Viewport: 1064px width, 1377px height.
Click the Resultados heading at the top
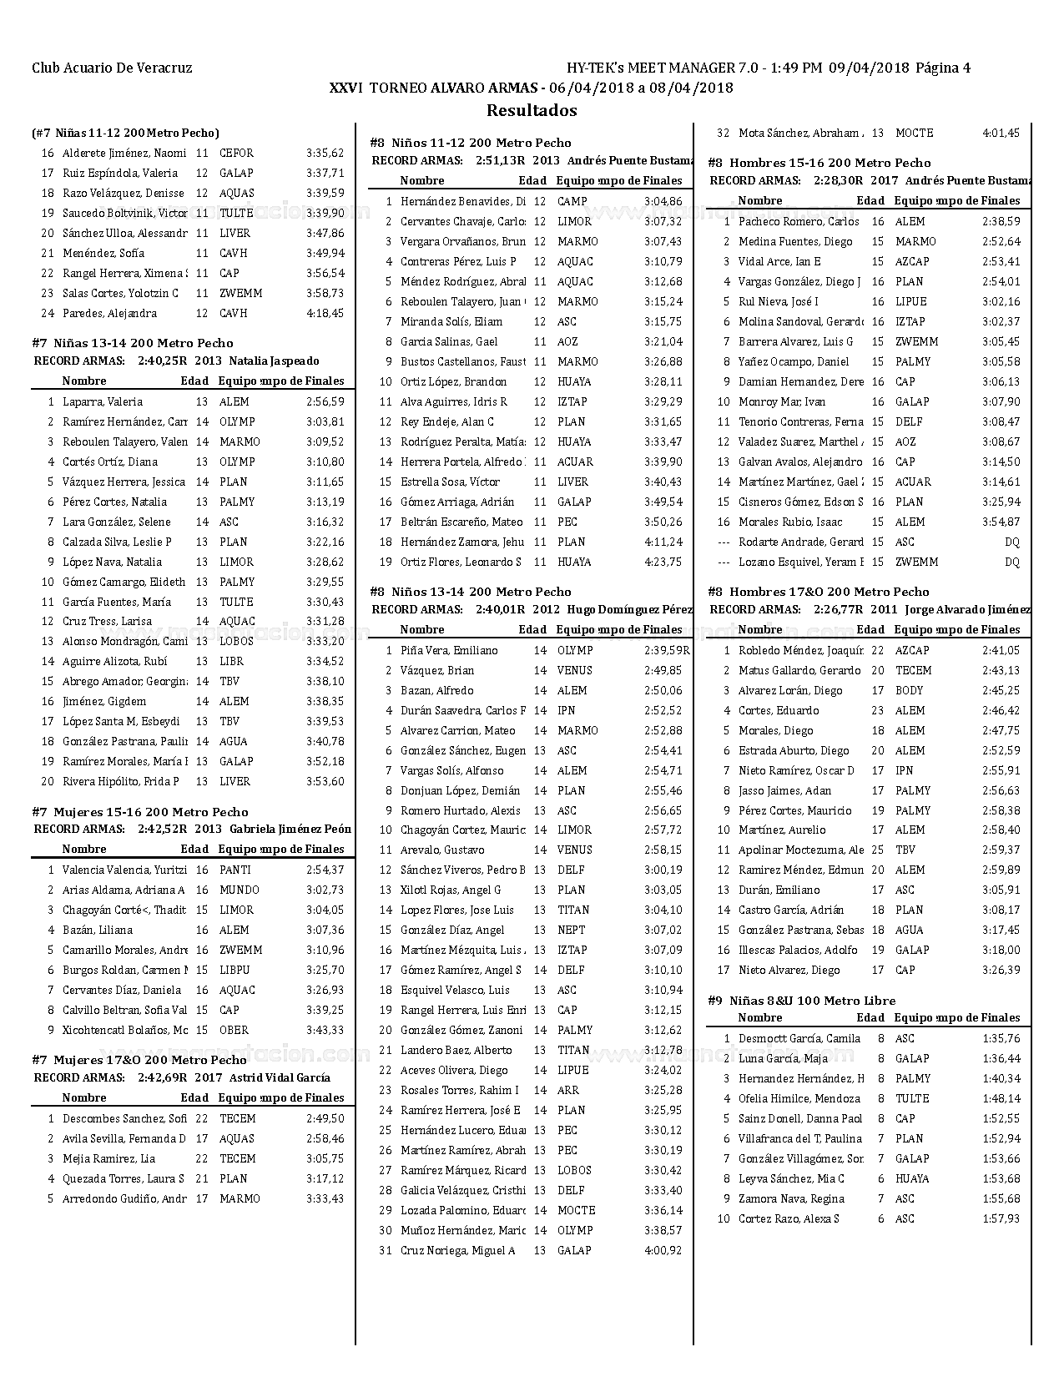532,110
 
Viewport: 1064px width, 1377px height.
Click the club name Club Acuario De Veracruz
112,68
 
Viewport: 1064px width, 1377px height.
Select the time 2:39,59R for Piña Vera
667,650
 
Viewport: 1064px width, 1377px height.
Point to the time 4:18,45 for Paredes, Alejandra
325,313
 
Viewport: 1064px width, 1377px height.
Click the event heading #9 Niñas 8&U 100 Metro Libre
801,1000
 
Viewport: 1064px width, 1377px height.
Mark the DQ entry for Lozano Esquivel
1011,562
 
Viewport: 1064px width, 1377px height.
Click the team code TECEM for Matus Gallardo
913,670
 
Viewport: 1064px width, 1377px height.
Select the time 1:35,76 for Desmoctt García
1001,1038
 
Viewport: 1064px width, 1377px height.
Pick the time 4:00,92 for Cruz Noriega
663,1250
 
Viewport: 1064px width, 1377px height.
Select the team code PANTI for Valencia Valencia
234,870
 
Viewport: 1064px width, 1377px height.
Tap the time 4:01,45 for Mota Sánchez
1001,133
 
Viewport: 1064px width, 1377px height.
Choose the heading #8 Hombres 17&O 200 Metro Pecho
818,591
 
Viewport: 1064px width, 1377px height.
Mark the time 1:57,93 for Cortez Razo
1001,1218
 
